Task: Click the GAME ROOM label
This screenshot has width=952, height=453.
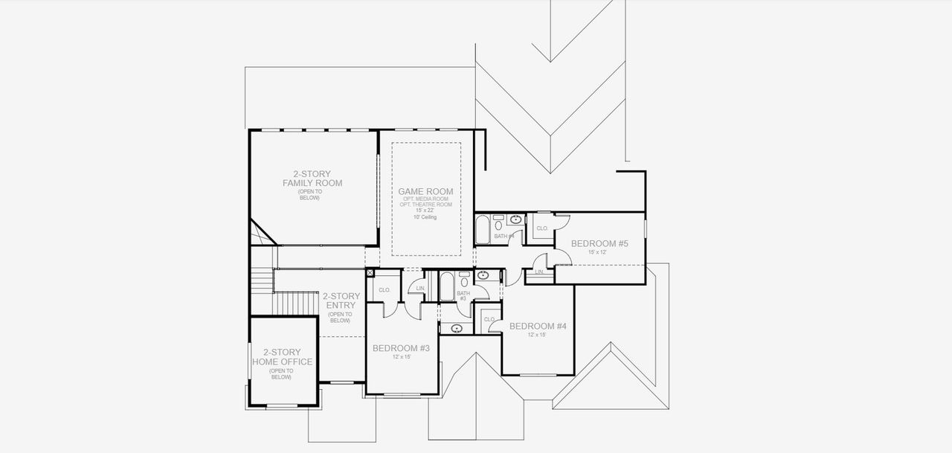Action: (x=425, y=191)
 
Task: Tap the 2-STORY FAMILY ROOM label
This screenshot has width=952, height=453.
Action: (x=312, y=179)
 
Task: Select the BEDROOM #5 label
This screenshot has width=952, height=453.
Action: (x=599, y=243)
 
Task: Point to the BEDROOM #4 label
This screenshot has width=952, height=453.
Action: (x=538, y=326)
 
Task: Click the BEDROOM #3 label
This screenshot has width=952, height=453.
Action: (x=401, y=348)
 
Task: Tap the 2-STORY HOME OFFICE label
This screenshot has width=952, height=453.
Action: (x=281, y=357)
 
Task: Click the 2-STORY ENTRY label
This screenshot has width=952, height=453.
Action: (x=341, y=301)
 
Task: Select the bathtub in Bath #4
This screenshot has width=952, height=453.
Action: (x=482, y=228)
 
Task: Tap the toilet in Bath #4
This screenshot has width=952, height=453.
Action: (x=498, y=220)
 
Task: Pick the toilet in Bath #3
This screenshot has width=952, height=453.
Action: (x=464, y=280)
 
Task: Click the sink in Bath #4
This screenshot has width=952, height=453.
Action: (x=515, y=219)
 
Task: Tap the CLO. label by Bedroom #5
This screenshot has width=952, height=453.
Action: (x=541, y=228)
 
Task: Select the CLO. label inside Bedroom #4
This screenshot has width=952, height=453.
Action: (x=489, y=319)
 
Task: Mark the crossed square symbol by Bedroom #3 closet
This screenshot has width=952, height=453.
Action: (x=370, y=273)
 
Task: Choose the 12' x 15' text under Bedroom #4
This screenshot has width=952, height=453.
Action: (x=537, y=335)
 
